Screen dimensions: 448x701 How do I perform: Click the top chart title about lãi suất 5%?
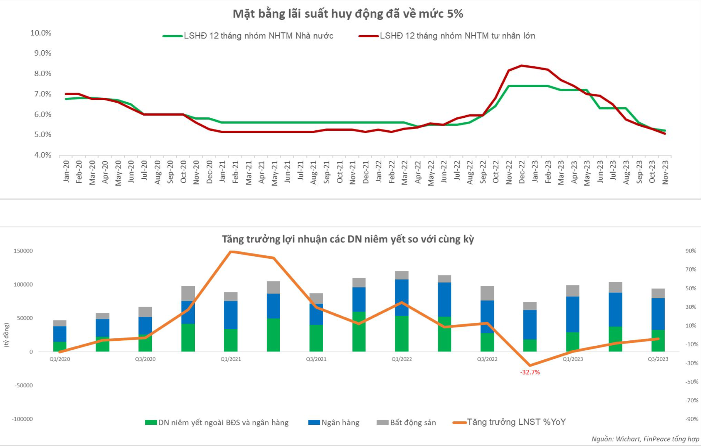pyautogui.click(x=348, y=14)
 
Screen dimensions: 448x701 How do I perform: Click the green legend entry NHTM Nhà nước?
pyautogui.click(x=258, y=36)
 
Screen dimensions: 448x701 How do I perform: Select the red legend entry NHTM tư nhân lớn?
pyautogui.click(x=457, y=36)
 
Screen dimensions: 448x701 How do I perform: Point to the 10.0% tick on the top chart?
pyautogui.click(x=41, y=33)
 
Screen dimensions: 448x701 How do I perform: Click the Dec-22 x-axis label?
pyautogui.click(x=522, y=172)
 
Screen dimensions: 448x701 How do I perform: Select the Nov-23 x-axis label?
pyautogui.click(x=665, y=172)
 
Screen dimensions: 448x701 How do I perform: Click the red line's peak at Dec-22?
pyautogui.click(x=522, y=66)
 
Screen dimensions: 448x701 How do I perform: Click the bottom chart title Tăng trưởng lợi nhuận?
pyautogui.click(x=348, y=239)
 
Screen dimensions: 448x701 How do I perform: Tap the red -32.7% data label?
pyautogui.click(x=530, y=372)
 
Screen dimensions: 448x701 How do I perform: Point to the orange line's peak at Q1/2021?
pyautogui.click(x=231, y=252)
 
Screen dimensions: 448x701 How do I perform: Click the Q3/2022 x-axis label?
pyautogui.click(x=487, y=359)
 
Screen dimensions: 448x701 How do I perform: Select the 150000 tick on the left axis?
pyautogui.click(x=23, y=251)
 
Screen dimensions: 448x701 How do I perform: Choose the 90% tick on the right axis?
pyautogui.click(x=691, y=251)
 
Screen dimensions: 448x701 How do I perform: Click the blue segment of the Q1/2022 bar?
pyautogui.click(x=401, y=297)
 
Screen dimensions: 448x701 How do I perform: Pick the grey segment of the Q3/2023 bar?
pyautogui.click(x=658, y=293)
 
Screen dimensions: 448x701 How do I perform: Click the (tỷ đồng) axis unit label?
pyautogui.click(x=6, y=335)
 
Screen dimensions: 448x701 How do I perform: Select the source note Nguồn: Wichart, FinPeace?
pyautogui.click(x=645, y=439)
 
